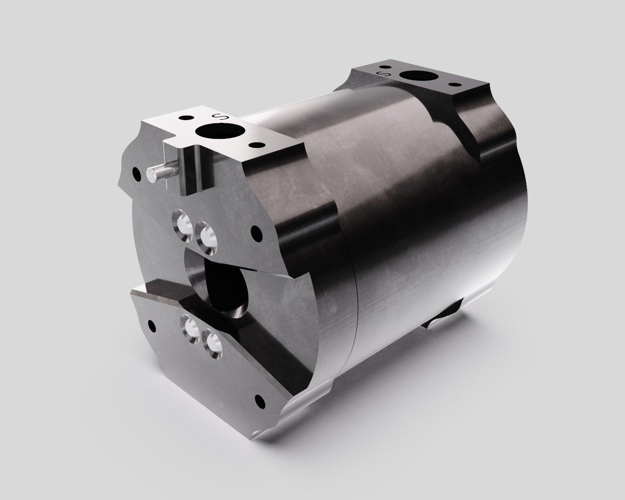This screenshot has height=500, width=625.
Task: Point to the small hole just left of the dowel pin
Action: point(134,171)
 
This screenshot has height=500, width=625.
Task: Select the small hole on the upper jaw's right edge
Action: point(257,233)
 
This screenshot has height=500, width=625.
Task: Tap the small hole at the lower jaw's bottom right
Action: point(258,398)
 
